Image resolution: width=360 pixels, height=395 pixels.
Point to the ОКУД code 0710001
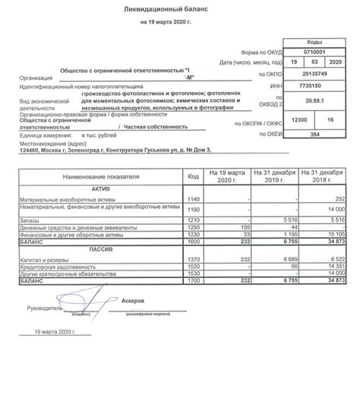point(316,54)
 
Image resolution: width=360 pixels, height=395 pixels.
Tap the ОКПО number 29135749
point(316,75)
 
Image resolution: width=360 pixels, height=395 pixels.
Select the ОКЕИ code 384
point(316,134)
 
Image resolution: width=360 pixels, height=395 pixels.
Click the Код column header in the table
point(193,176)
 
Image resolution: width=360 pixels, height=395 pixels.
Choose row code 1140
point(193,198)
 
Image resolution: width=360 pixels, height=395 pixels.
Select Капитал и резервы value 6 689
point(286,259)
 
